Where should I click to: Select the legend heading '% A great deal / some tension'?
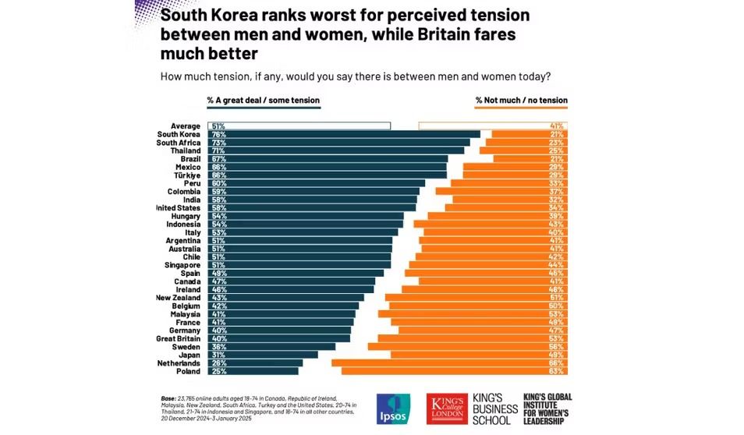click(263, 101)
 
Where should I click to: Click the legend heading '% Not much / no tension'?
click(521, 101)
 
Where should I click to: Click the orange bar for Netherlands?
click(448, 362)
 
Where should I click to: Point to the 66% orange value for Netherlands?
click(557, 362)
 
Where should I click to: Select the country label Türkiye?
click(186, 175)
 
